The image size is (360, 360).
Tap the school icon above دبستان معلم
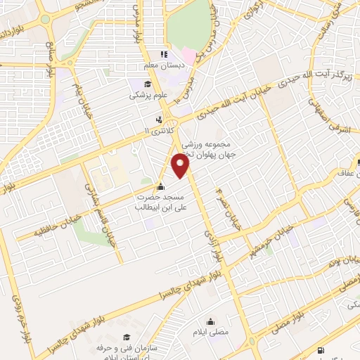[x=164, y=54]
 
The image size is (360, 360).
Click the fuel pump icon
[x=321, y=349]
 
